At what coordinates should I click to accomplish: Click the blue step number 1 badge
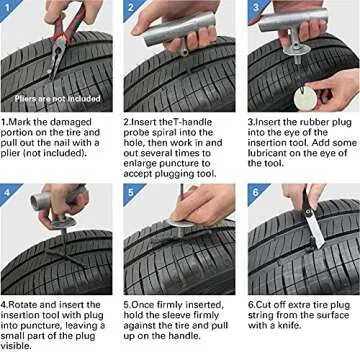pyautogui.click(x=9, y=9)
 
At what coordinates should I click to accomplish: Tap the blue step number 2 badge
pyautogui.click(x=130, y=9)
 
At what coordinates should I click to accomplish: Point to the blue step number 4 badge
pyautogui.click(x=9, y=191)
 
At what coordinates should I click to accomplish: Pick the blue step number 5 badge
pyautogui.click(x=130, y=191)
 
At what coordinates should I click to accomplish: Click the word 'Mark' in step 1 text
pyautogui.click(x=21, y=121)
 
